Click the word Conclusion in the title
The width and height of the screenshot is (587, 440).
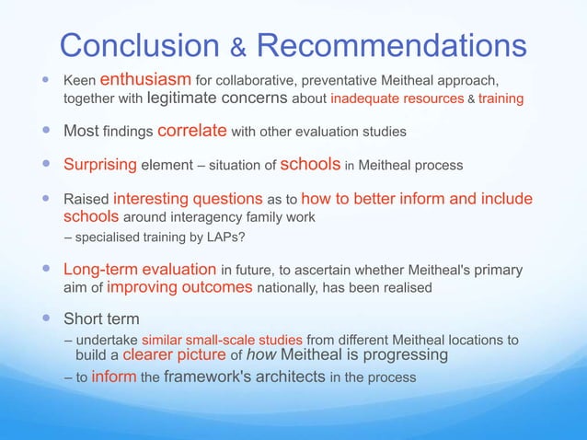pyautogui.click(x=136, y=44)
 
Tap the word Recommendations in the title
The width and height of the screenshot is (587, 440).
pyautogui.click(x=391, y=44)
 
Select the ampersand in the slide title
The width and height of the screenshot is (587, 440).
pyautogui.click(x=236, y=48)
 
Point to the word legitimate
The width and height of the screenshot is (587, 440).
pyautogui.click(x=158, y=97)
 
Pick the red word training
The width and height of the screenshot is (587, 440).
pyautogui.click(x=501, y=97)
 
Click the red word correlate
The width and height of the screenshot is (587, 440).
pyautogui.click(x=192, y=131)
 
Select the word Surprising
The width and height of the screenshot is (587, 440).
pyautogui.click(x=99, y=166)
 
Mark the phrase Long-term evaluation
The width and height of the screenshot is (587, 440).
pyautogui.click(x=139, y=270)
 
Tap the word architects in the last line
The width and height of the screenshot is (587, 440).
pyautogui.click(x=285, y=377)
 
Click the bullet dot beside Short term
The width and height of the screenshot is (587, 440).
pyautogui.click(x=45, y=318)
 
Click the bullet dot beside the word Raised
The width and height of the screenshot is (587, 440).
pyautogui.click(x=45, y=199)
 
